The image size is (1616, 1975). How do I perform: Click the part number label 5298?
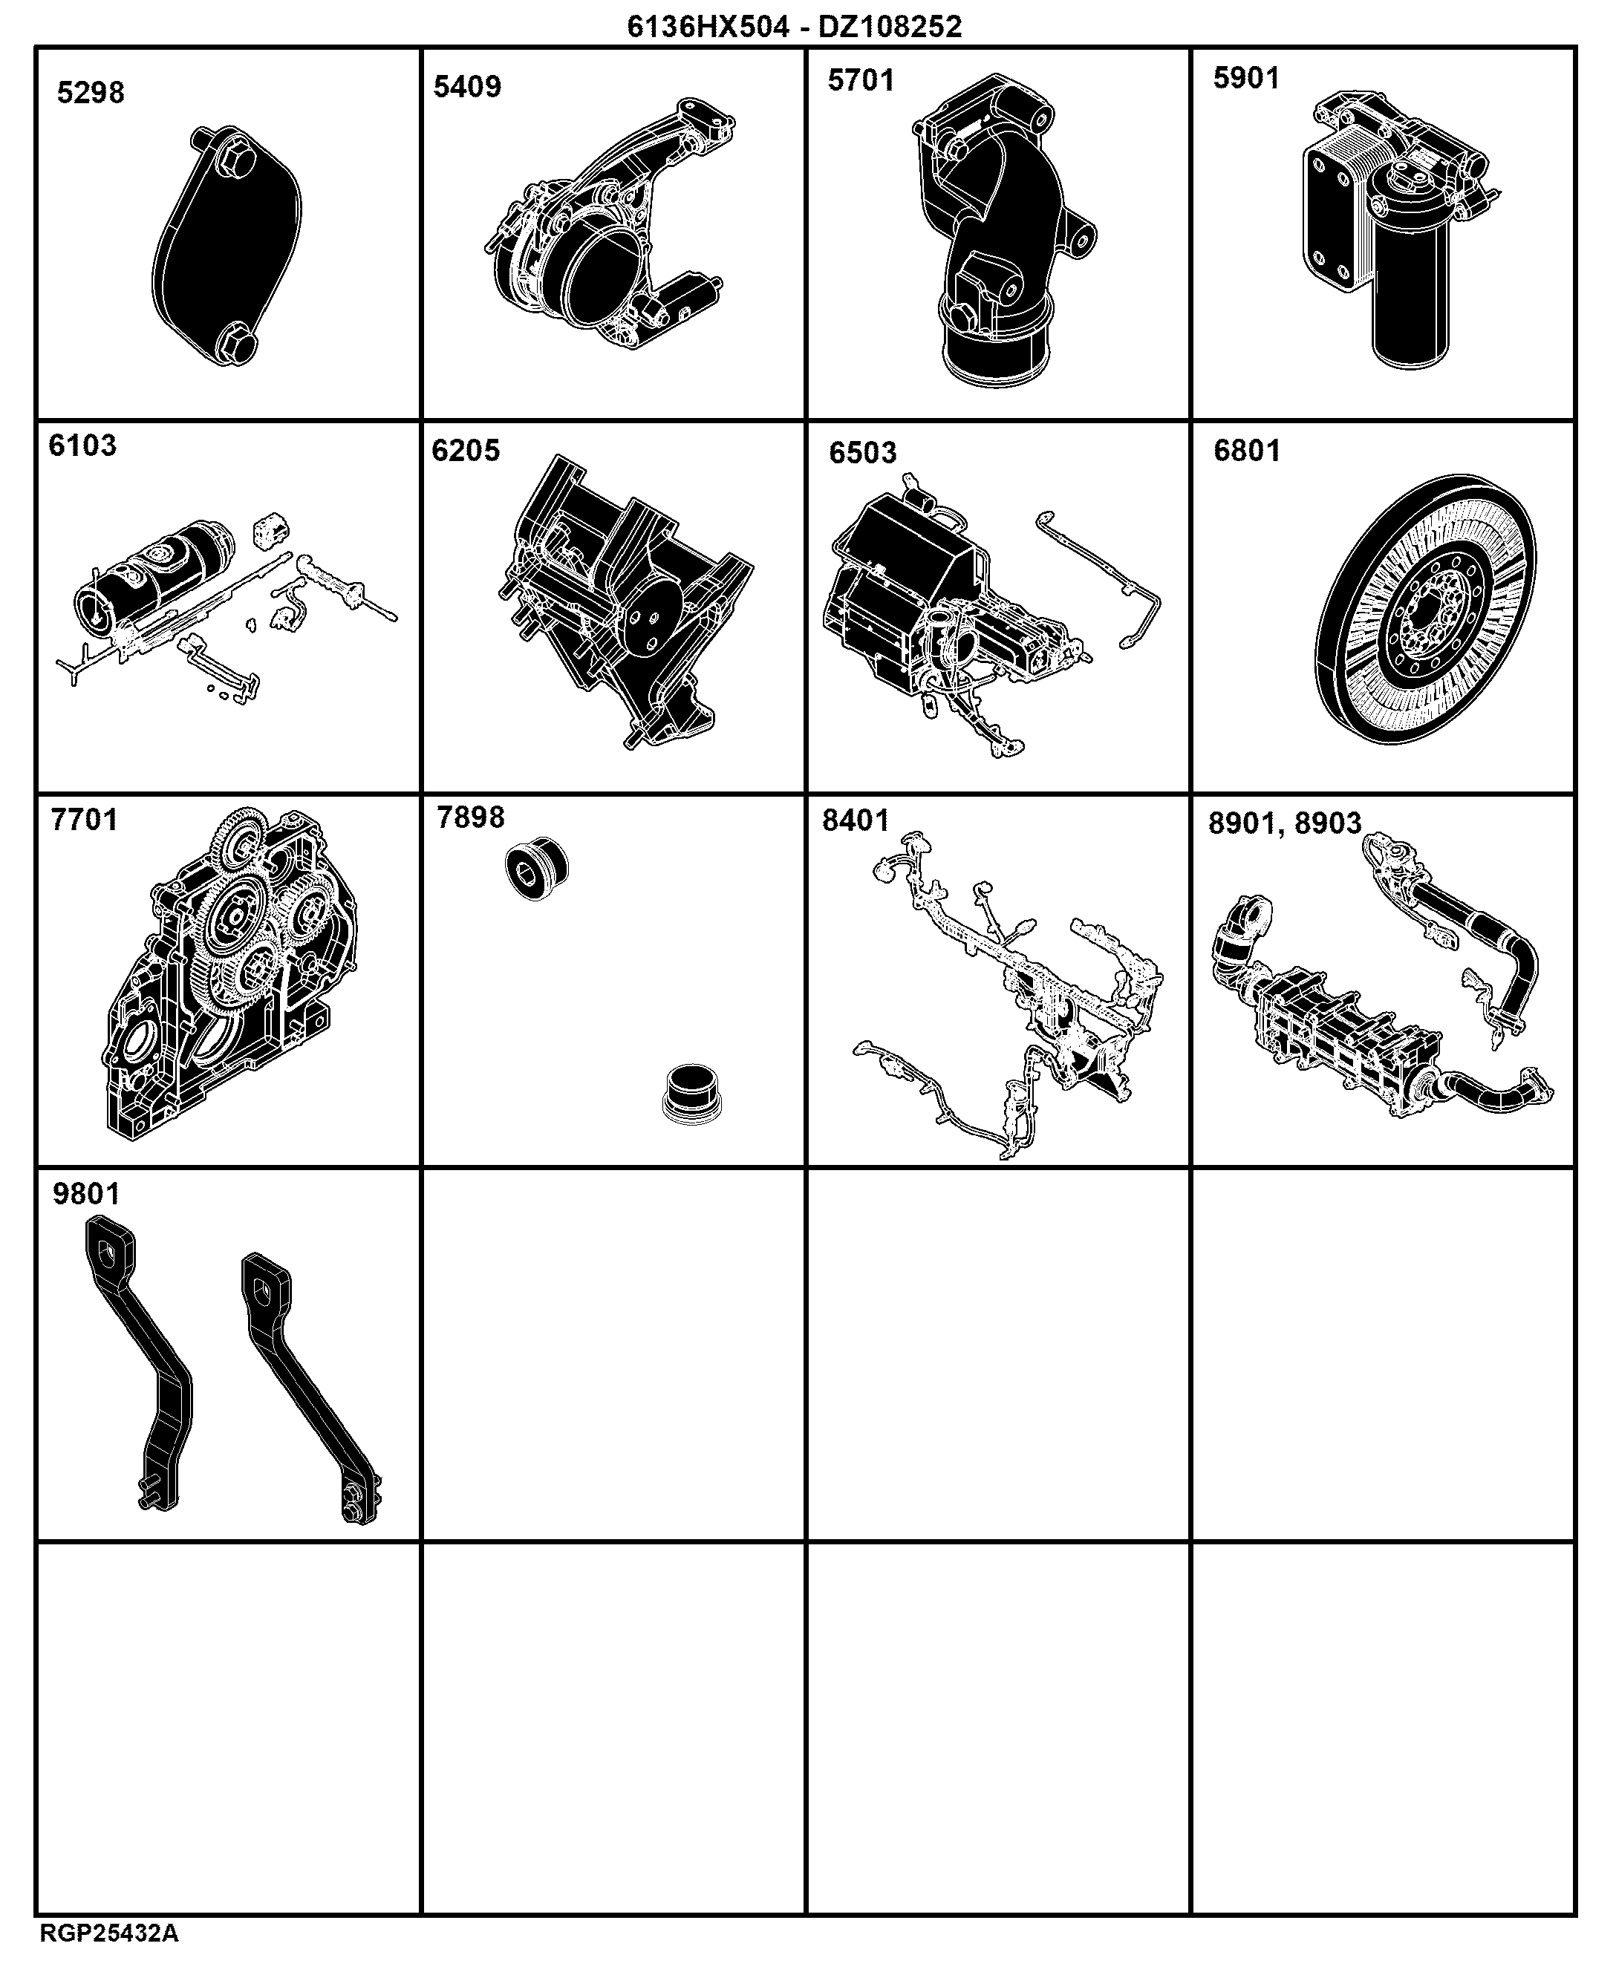[91, 93]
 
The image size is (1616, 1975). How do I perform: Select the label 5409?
[467, 87]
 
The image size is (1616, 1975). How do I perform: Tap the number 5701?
[861, 81]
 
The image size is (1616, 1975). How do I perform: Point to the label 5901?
[1246, 78]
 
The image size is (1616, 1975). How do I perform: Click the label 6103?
[83, 445]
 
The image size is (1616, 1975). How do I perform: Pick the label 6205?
[466, 451]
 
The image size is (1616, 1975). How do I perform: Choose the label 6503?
[863, 453]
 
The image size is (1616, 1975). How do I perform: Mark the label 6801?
[1248, 451]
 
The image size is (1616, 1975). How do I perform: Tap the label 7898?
[471, 817]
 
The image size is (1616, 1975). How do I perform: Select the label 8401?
[856, 821]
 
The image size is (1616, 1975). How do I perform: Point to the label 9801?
[87, 1194]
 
